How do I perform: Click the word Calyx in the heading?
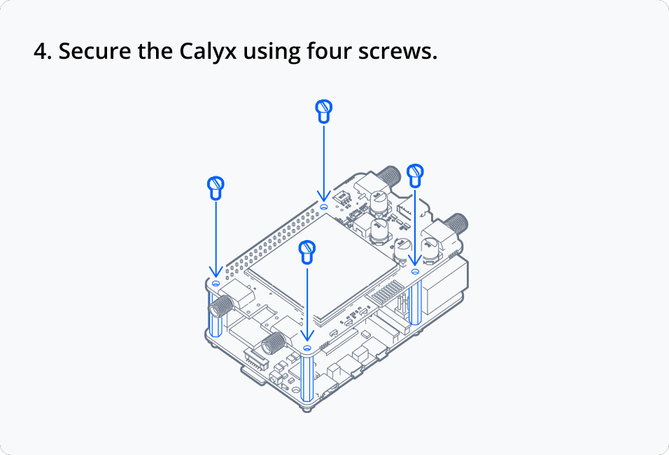pyautogui.click(x=208, y=51)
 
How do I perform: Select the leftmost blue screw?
pyautogui.click(x=216, y=188)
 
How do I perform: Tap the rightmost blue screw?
pyautogui.click(x=415, y=176)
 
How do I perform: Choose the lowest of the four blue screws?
pyautogui.click(x=307, y=252)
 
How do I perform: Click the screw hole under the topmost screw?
pyautogui.click(x=324, y=206)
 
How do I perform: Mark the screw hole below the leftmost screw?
pyautogui.click(x=216, y=283)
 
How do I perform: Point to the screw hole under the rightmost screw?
pyautogui.click(x=415, y=271)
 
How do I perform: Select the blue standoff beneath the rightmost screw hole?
pyautogui.click(x=415, y=302)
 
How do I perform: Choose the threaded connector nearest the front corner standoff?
pyautogui.click(x=273, y=344)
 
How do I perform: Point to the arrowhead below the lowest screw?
pyautogui.click(x=307, y=336)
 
